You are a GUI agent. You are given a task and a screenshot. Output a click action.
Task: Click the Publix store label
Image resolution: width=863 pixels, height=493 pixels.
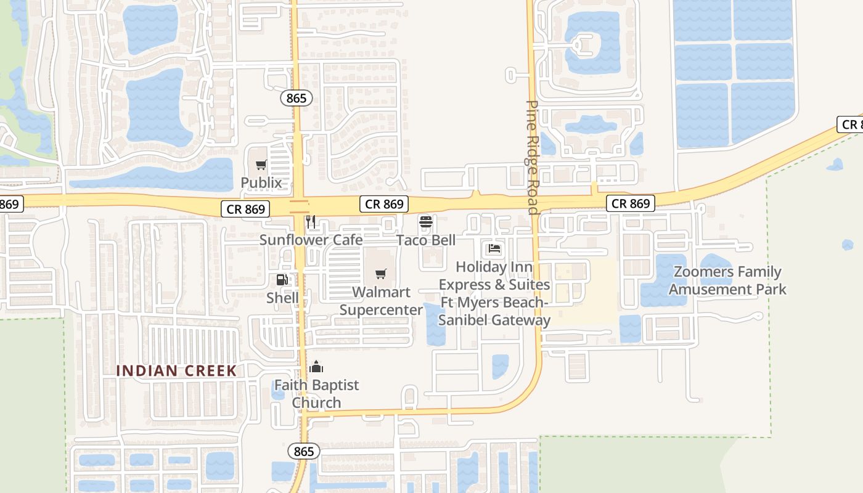[261, 182]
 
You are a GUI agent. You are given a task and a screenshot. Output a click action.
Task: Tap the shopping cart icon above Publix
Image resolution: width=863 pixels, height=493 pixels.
[261, 165]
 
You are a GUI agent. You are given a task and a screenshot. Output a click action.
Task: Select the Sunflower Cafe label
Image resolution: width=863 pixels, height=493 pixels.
[311, 240]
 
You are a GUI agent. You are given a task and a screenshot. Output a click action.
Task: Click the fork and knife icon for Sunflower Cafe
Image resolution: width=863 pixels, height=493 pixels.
[311, 222]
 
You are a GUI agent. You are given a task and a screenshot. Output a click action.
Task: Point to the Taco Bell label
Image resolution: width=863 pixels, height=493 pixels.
[426, 240]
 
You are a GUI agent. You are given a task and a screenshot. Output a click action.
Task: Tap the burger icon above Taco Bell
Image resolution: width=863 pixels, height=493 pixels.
[425, 222]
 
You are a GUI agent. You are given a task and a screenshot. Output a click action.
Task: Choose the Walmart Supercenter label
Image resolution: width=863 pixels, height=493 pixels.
[381, 301]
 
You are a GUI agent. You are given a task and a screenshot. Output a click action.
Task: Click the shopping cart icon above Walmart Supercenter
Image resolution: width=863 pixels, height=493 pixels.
[381, 274]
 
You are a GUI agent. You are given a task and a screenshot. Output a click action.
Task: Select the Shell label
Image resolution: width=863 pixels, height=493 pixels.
[282, 298]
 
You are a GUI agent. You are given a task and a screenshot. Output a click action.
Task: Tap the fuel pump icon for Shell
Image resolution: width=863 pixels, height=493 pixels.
[282, 280]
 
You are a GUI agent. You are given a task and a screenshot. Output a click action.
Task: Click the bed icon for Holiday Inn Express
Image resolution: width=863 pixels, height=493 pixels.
[494, 249]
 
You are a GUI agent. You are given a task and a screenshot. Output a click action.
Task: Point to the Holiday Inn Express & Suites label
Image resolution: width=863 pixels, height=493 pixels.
[494, 293]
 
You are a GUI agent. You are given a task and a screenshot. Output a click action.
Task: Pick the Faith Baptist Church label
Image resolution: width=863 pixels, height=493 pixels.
[316, 394]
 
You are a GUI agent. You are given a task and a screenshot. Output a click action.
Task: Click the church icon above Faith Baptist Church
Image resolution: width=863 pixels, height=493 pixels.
[316, 367]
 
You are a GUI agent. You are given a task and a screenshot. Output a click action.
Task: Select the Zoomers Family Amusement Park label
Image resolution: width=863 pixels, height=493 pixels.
[727, 280]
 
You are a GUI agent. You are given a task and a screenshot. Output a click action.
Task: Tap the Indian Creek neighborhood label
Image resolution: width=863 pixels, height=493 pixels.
[176, 370]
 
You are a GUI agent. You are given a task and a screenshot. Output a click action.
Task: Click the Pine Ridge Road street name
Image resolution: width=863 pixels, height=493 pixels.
[533, 157]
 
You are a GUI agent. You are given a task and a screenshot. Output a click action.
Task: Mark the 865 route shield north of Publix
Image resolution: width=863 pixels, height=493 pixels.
[297, 98]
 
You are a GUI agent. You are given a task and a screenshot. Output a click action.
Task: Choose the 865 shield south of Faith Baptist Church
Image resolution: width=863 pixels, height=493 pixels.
[304, 451]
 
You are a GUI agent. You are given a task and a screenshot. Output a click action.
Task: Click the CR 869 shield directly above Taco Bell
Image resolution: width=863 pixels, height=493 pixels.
[385, 204]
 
